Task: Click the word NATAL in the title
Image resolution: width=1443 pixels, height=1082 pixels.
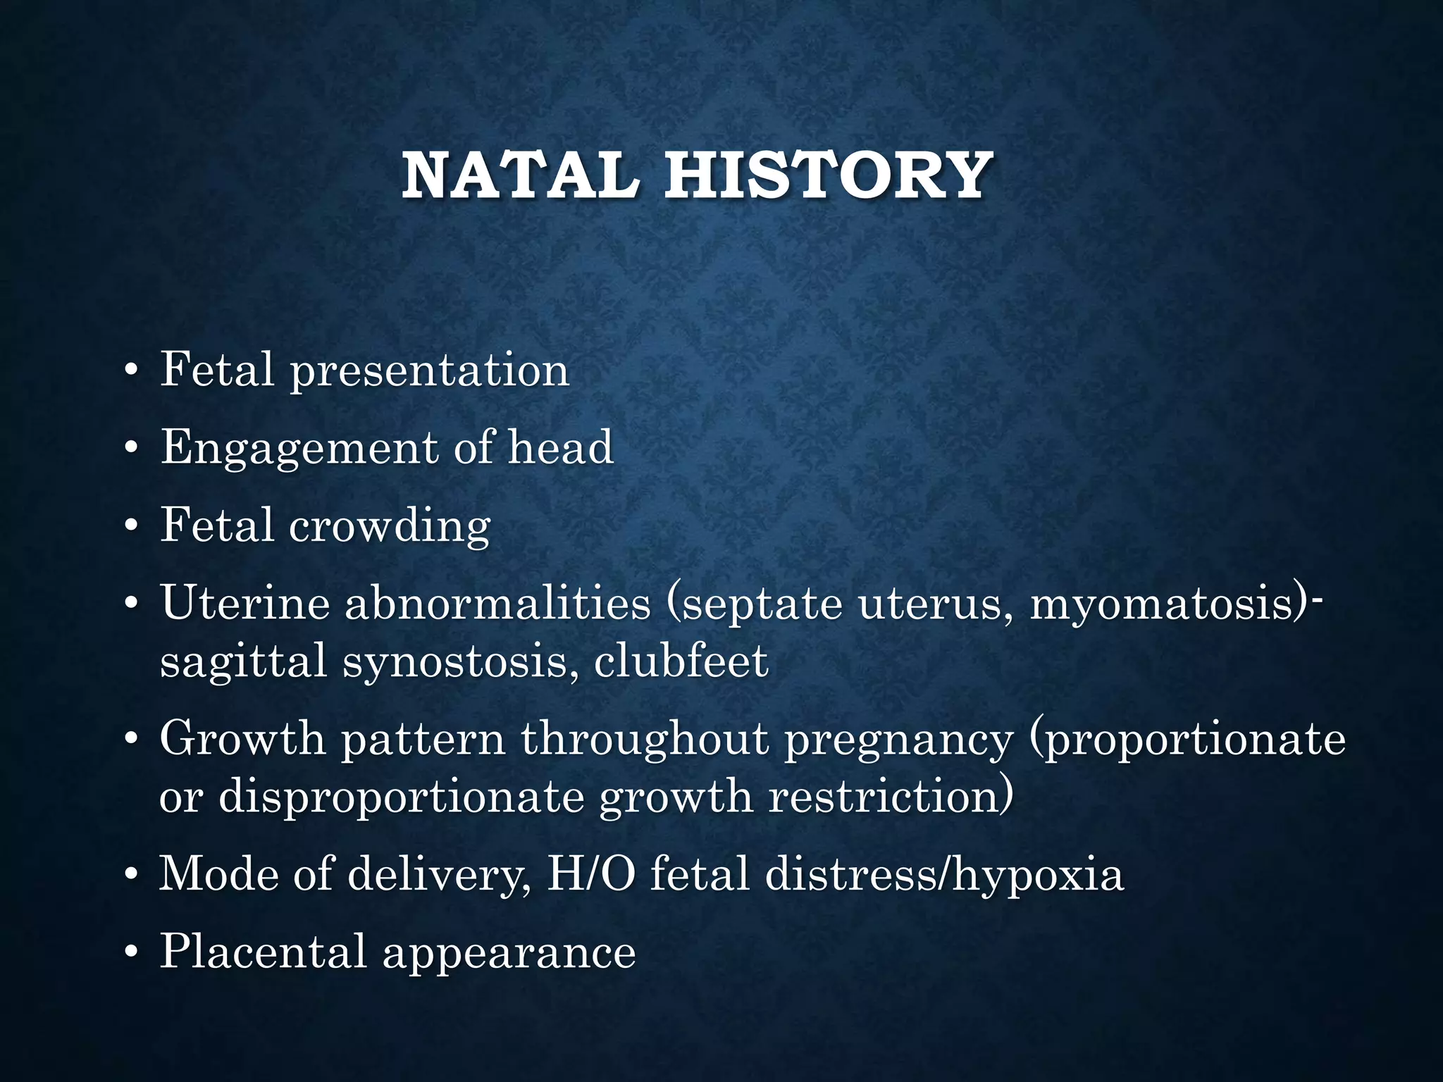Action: (x=520, y=175)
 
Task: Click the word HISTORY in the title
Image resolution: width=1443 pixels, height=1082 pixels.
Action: (x=829, y=175)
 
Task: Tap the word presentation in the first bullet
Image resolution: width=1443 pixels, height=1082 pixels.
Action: (x=430, y=371)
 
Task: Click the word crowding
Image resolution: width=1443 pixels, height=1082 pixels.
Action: (x=390, y=526)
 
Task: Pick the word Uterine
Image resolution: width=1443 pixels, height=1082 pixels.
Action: (x=244, y=604)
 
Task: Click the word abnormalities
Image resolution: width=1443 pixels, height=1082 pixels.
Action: (x=497, y=604)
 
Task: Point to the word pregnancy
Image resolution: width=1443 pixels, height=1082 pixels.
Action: (x=899, y=740)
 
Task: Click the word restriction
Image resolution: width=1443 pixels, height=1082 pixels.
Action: (x=890, y=797)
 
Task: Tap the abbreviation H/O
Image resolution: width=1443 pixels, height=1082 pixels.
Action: (x=590, y=874)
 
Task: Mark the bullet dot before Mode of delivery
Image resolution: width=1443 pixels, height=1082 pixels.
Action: (x=130, y=876)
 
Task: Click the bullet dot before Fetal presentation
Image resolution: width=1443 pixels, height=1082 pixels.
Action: (x=130, y=373)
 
